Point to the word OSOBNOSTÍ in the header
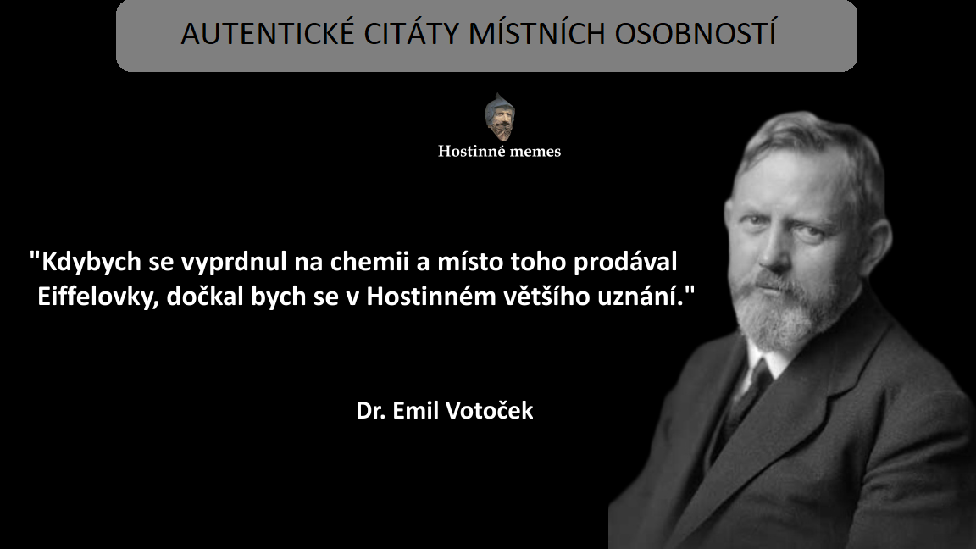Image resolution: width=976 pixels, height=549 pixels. coord(696,33)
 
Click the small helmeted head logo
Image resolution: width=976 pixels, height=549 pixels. coord(500,116)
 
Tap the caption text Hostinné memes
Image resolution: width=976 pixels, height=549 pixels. coord(499,152)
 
